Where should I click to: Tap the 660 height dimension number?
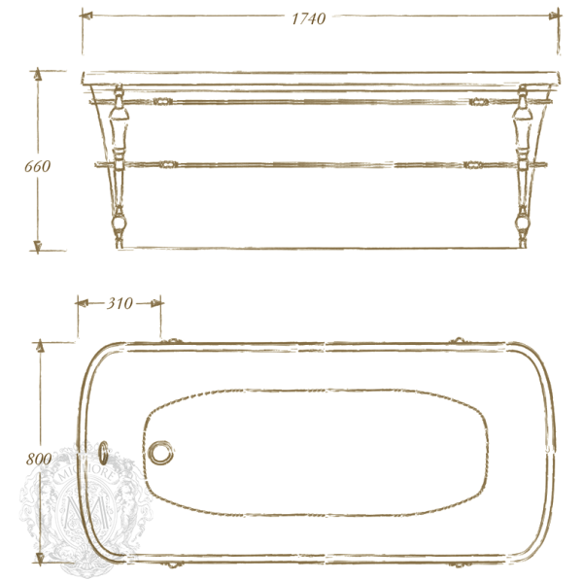point(37,165)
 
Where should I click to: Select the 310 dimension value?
point(119,303)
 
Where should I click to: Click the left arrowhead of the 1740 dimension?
point(87,17)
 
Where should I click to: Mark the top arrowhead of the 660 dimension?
point(38,76)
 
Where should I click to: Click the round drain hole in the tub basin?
point(161,453)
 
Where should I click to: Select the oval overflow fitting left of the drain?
point(105,453)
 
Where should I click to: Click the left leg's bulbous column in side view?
point(120,131)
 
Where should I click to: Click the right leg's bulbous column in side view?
point(523,131)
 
